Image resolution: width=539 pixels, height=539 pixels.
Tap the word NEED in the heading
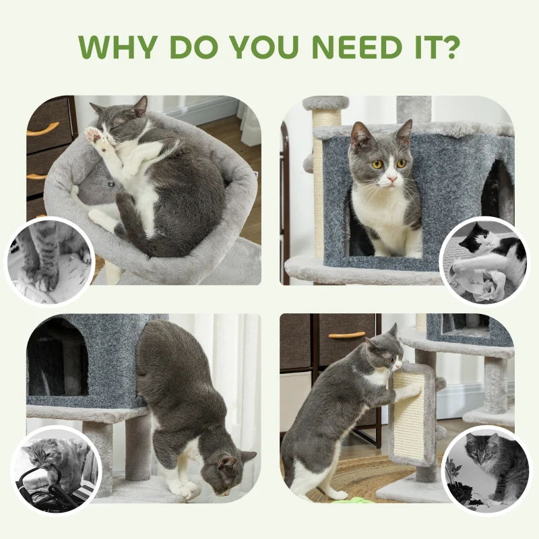pos(349,46)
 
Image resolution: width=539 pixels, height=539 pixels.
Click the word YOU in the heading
pos(269,46)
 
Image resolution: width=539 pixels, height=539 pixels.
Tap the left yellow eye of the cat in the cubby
pos(377,164)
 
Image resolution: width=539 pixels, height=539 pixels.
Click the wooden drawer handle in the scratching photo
pos(346,334)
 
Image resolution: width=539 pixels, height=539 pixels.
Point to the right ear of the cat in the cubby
pos(404,130)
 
